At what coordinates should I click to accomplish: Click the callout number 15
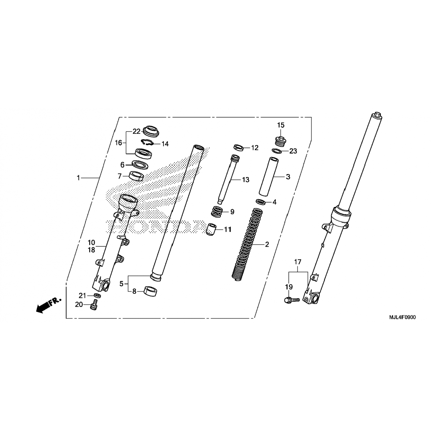tap(280, 125)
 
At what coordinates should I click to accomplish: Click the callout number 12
tap(255, 148)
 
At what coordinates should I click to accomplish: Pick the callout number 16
tap(119, 143)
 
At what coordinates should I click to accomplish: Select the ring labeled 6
tap(140, 164)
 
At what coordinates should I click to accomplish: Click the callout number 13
tap(245, 180)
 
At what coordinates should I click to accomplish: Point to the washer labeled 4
tap(260, 202)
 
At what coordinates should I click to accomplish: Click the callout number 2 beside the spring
tap(267, 245)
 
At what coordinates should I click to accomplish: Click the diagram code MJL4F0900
tap(402, 318)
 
